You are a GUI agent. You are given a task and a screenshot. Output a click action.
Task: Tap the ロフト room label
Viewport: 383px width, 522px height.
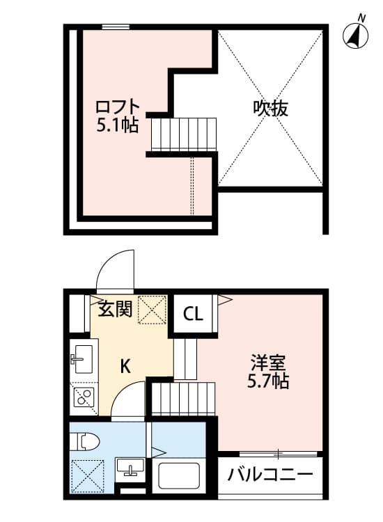click(x=118, y=109)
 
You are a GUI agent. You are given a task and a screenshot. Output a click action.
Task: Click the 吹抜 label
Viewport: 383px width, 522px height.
click(x=271, y=109)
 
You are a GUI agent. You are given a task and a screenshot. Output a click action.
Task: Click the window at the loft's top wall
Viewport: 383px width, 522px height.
click(x=116, y=27)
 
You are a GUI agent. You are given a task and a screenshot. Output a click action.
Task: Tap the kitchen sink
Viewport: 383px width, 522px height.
click(x=81, y=361)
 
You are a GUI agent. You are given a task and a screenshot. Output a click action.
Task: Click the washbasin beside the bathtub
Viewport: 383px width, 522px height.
click(x=129, y=468)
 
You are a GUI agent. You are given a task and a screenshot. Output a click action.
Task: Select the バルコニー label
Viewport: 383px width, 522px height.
click(x=270, y=476)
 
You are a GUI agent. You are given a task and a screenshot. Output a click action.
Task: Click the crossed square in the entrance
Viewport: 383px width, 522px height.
click(x=153, y=309)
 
